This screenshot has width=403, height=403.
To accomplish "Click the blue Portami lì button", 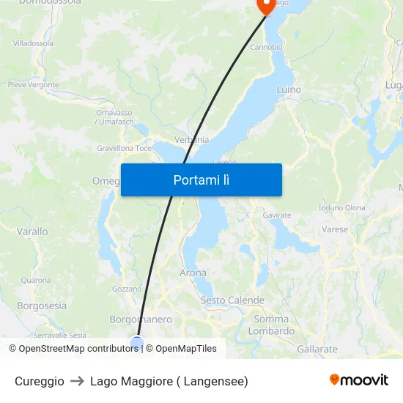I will point(201,180).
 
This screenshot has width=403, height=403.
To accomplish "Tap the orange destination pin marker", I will point(265,6).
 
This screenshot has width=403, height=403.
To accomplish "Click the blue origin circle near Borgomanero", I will point(137,342).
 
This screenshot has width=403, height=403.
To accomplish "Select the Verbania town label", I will point(191,140).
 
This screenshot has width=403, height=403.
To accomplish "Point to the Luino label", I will point(289,89).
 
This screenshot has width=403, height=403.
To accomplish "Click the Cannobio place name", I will point(267,47).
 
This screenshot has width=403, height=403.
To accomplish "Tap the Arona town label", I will point(193,273).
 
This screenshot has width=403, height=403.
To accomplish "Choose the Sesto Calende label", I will point(232,300).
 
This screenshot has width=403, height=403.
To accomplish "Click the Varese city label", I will point(335,229).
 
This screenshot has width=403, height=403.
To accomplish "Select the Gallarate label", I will point(318,350).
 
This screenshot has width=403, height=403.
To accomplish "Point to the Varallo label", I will point(32,232).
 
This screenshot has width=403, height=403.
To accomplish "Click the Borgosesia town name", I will point(42,306).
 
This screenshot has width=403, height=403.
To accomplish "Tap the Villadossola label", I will point(33,43).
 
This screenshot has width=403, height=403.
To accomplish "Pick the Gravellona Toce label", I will point(124,148).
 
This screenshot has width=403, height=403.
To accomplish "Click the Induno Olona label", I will point(341,208).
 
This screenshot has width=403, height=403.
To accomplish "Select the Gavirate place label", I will point(277,215).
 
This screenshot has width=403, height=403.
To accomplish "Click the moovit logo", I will point(358,380).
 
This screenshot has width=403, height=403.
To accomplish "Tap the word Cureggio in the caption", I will point(40,381).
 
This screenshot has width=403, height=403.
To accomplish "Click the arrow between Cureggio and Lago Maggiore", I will point(77,381).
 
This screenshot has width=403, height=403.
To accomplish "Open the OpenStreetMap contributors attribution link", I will point(78,349).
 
